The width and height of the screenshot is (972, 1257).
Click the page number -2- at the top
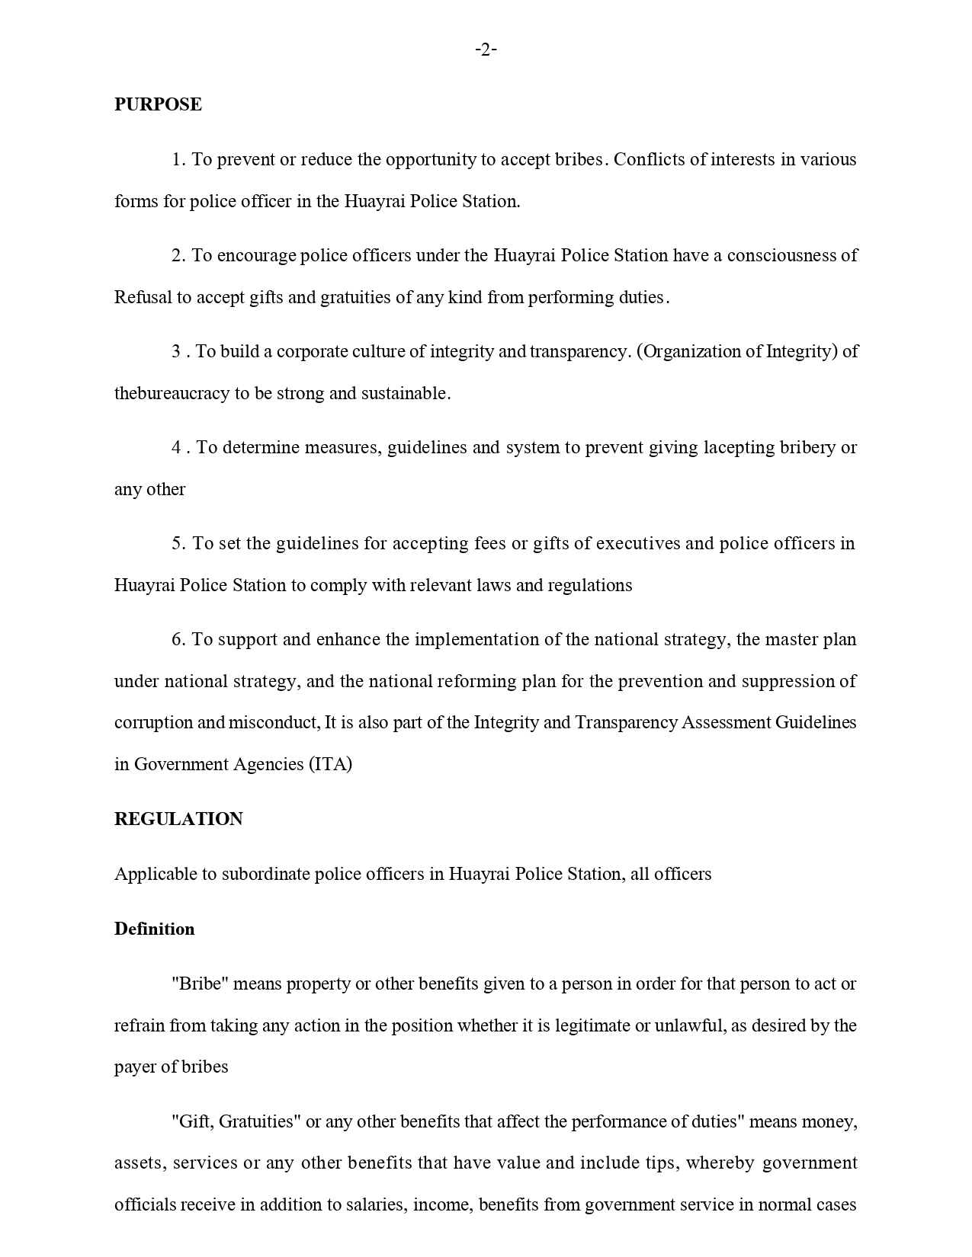(x=486, y=50)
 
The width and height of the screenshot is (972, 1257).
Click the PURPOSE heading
(x=158, y=104)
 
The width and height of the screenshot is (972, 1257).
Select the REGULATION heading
(x=178, y=819)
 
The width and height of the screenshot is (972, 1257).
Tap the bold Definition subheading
(x=154, y=929)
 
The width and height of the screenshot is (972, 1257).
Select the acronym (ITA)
(x=330, y=764)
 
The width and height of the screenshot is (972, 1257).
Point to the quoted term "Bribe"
(x=200, y=984)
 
